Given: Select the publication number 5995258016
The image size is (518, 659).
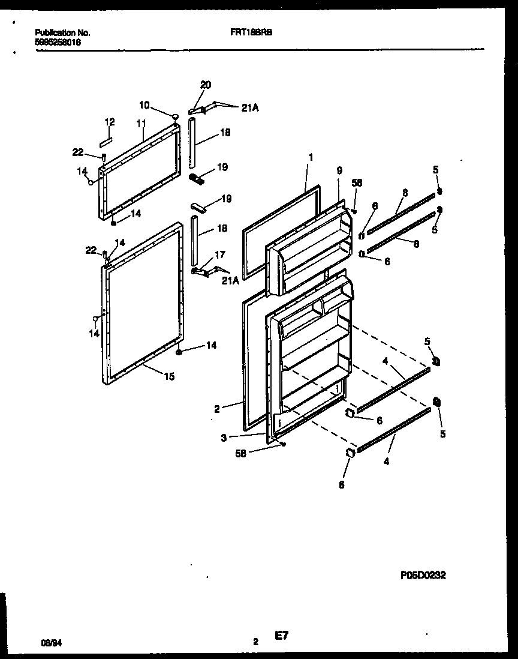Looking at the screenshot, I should pyautogui.click(x=58, y=43).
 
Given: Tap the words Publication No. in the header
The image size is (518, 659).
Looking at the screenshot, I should pyautogui.click(x=62, y=33).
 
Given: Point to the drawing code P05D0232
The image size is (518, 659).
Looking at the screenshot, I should pyautogui.click(x=423, y=574).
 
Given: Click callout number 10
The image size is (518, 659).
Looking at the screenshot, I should pyautogui.click(x=144, y=105).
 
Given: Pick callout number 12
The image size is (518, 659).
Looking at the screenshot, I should pyautogui.click(x=109, y=122).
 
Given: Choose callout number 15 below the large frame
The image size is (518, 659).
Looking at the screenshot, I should pyautogui.click(x=170, y=377).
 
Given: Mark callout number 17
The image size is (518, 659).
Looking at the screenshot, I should pyautogui.click(x=219, y=255).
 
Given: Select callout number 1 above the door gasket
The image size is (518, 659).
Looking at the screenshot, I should pyautogui.click(x=310, y=157).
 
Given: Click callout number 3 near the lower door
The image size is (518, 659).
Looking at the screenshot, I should pyautogui.click(x=224, y=438).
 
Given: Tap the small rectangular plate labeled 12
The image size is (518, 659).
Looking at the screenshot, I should pyautogui.click(x=106, y=142).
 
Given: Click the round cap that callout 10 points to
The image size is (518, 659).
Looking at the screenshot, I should pyautogui.click(x=174, y=117).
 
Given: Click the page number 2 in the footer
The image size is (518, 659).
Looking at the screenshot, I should pyautogui.click(x=255, y=642).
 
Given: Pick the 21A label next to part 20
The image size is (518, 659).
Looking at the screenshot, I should pyautogui.click(x=251, y=108).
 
